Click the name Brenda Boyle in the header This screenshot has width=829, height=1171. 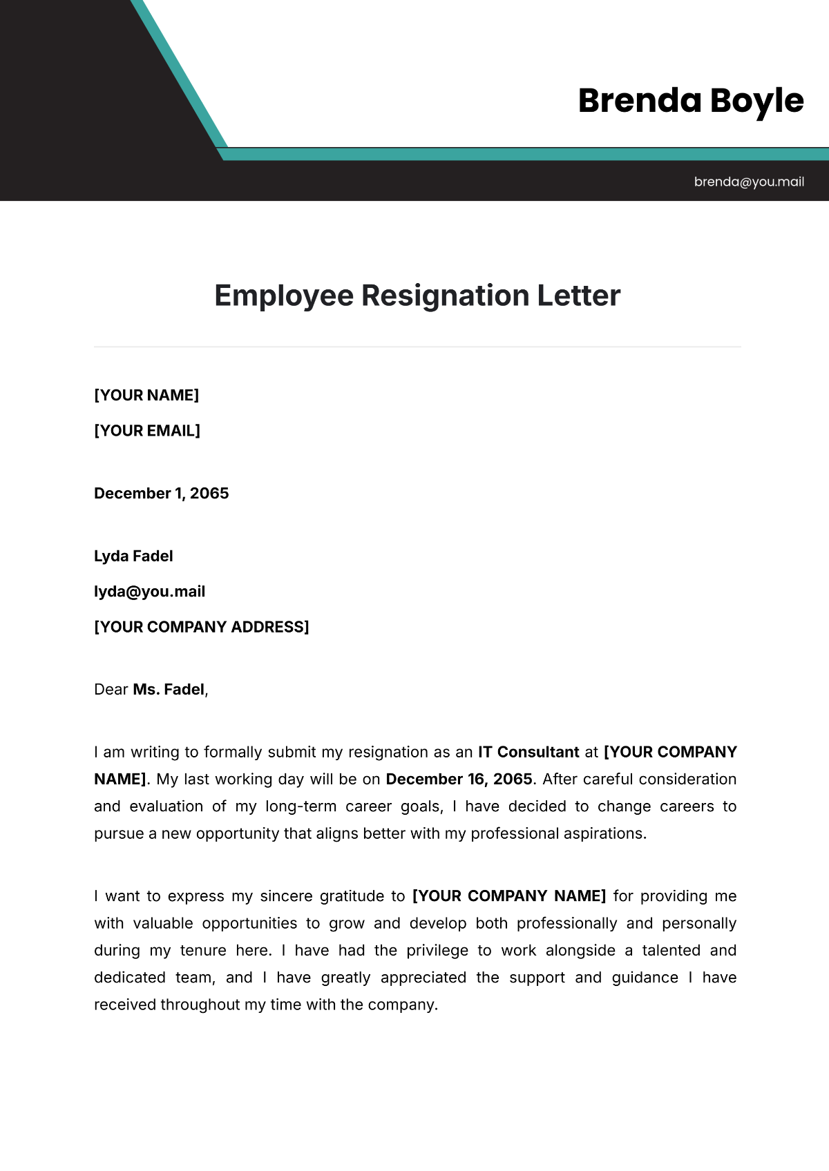tap(690, 101)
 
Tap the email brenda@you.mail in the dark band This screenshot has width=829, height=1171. tap(749, 182)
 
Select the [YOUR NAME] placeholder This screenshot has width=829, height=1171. tap(146, 395)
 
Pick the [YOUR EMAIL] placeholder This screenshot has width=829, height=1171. tap(147, 430)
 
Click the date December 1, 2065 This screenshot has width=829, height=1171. tap(161, 493)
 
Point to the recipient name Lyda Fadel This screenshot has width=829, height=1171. tap(133, 556)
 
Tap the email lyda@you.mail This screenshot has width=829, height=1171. tap(149, 591)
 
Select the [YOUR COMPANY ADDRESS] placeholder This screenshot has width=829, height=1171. tap(201, 626)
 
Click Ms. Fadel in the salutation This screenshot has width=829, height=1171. tap(169, 689)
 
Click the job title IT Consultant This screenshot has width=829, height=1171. tap(528, 752)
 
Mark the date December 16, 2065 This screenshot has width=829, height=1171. tap(459, 779)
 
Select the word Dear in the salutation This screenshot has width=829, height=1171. tap(111, 689)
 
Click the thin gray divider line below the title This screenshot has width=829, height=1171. tap(417, 347)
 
